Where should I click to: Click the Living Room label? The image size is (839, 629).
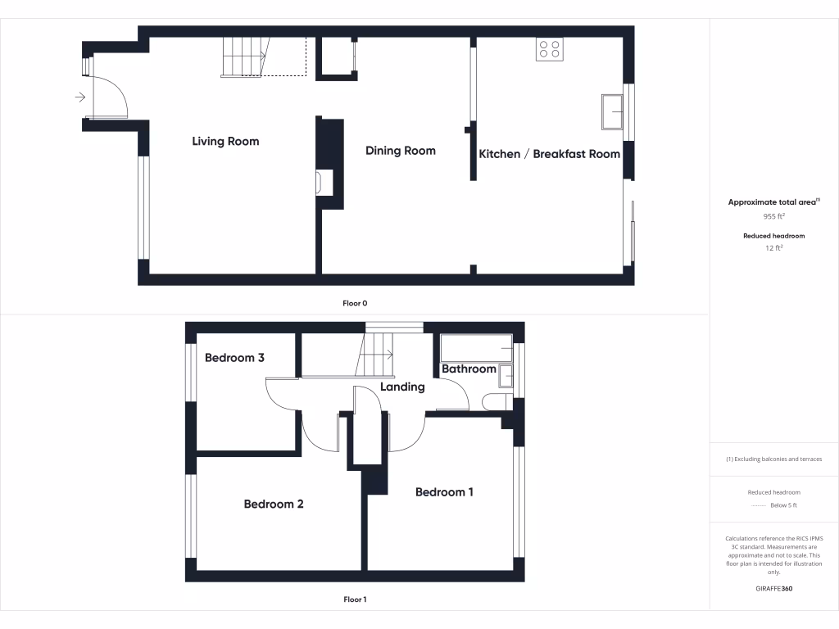pos(225,142)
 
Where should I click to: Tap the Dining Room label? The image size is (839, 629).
pos(401,151)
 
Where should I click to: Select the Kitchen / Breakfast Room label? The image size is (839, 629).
pos(549,154)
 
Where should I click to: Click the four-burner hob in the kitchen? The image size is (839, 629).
pos(549,49)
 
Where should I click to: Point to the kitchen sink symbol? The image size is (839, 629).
pos(611,111)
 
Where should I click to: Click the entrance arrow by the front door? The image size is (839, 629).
pos(79,97)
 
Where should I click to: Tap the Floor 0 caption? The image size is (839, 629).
pos(355,304)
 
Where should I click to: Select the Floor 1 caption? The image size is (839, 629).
pos(355,600)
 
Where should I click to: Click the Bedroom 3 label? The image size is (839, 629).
pos(234,358)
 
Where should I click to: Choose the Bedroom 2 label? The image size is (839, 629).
pos(274,505)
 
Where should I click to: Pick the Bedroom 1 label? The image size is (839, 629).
pos(444,492)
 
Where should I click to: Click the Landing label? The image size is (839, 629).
pos(402,387)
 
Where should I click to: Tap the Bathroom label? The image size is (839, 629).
pos(469,369)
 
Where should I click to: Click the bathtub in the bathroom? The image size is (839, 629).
pos(476,348)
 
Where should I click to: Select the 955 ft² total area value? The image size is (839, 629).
pos(774,217)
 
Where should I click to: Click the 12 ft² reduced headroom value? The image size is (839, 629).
pos(774,247)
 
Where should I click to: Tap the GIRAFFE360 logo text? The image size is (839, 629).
pos(774,589)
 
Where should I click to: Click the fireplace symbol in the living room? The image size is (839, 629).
pos(324,183)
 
